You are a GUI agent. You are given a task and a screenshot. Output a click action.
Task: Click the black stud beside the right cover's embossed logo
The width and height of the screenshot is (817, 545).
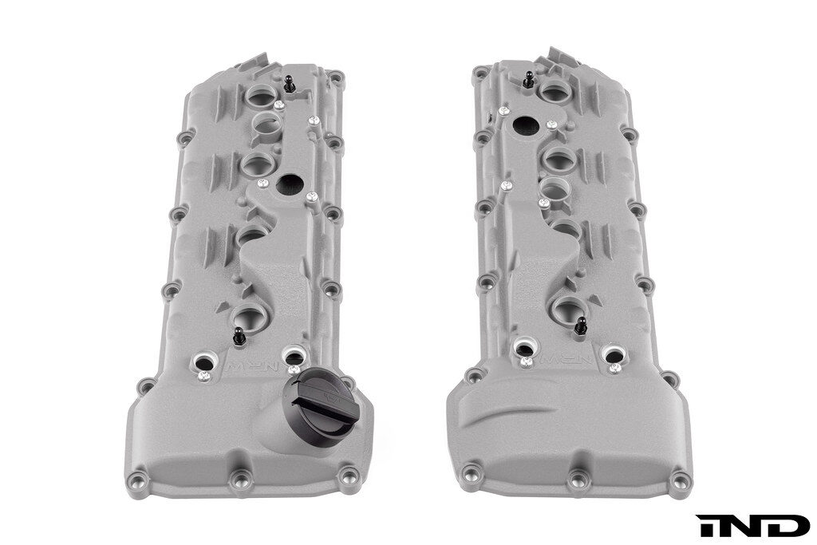tap(580, 325)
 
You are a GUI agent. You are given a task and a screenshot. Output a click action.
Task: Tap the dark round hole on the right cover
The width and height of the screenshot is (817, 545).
tap(526, 124)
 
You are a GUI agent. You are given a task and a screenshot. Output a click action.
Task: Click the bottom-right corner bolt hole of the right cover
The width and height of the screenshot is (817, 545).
tap(679, 481)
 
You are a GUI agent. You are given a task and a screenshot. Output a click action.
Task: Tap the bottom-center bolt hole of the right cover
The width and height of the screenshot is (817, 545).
tap(576, 480)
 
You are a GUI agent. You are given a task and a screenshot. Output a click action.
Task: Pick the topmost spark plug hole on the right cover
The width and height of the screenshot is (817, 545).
tap(552, 89)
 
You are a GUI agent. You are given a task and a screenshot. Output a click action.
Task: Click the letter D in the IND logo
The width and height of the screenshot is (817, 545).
tap(786, 526)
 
